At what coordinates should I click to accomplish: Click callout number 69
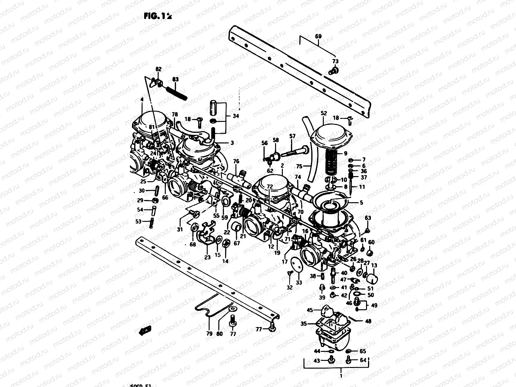coord(318,36)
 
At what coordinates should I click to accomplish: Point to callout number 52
coord(324,113)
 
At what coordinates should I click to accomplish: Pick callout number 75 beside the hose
coord(299,167)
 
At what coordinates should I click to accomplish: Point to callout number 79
coord(209,334)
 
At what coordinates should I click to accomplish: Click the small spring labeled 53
coord(152,223)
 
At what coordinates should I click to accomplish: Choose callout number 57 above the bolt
coord(292,136)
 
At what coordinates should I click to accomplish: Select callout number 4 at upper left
coord(142,100)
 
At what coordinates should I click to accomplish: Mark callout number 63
coord(368,218)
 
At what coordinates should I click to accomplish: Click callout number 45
coord(310,310)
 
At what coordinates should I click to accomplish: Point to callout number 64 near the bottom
coord(363,360)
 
